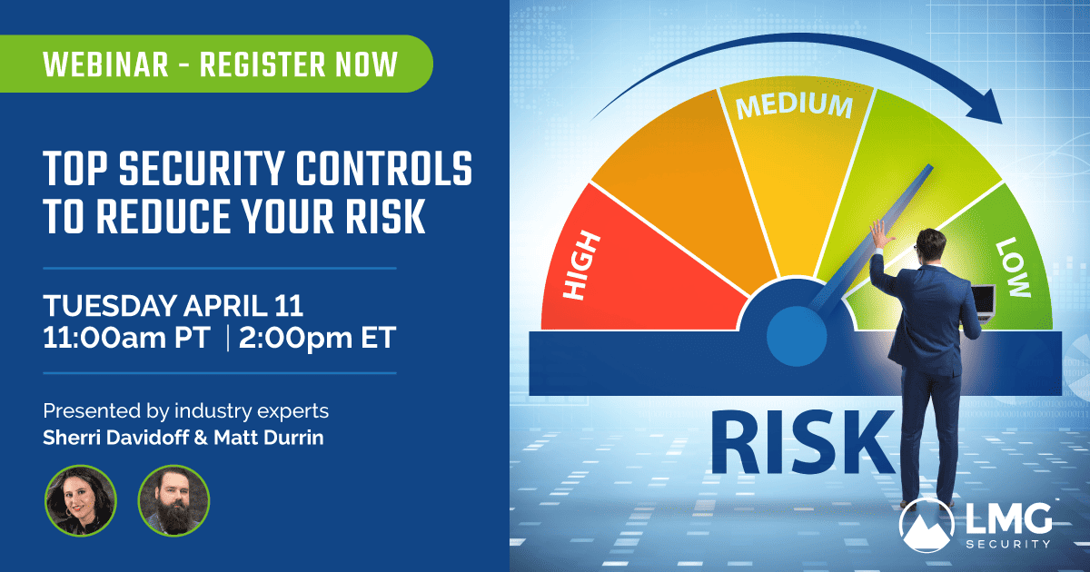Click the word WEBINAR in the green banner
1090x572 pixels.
[105, 64]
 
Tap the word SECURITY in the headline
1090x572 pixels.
[202, 168]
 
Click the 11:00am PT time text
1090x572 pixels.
[126, 337]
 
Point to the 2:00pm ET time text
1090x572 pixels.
[317, 338]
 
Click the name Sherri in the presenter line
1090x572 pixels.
[72, 438]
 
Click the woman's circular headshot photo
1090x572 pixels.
[80, 500]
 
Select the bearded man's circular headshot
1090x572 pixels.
[173, 500]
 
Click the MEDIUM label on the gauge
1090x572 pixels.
[794, 106]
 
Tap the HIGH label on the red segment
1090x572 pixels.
[581, 265]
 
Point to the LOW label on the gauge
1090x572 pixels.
[1014, 267]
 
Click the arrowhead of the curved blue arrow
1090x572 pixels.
[986, 107]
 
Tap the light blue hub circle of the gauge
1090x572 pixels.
[797, 336]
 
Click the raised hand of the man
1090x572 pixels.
[881, 233]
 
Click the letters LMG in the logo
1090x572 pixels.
[1009, 518]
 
